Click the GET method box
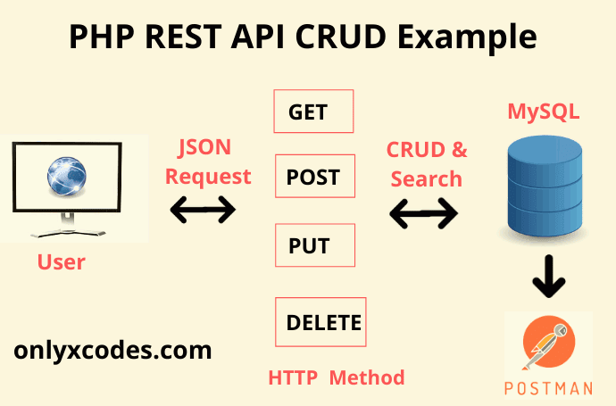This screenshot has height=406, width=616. click(x=313, y=112)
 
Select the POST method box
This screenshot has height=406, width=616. click(x=313, y=177)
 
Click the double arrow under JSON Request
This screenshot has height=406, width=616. click(x=203, y=211)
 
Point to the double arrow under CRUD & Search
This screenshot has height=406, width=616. click(x=424, y=212)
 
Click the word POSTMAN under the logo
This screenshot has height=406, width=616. click(x=548, y=388)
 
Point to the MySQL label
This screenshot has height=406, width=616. click(x=544, y=112)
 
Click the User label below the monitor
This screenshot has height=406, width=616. click(x=62, y=262)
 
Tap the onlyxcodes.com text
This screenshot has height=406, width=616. click(x=112, y=349)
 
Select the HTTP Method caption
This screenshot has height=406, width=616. click(x=337, y=377)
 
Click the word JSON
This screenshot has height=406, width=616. click(x=208, y=147)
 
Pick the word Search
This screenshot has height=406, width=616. click(x=427, y=178)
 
